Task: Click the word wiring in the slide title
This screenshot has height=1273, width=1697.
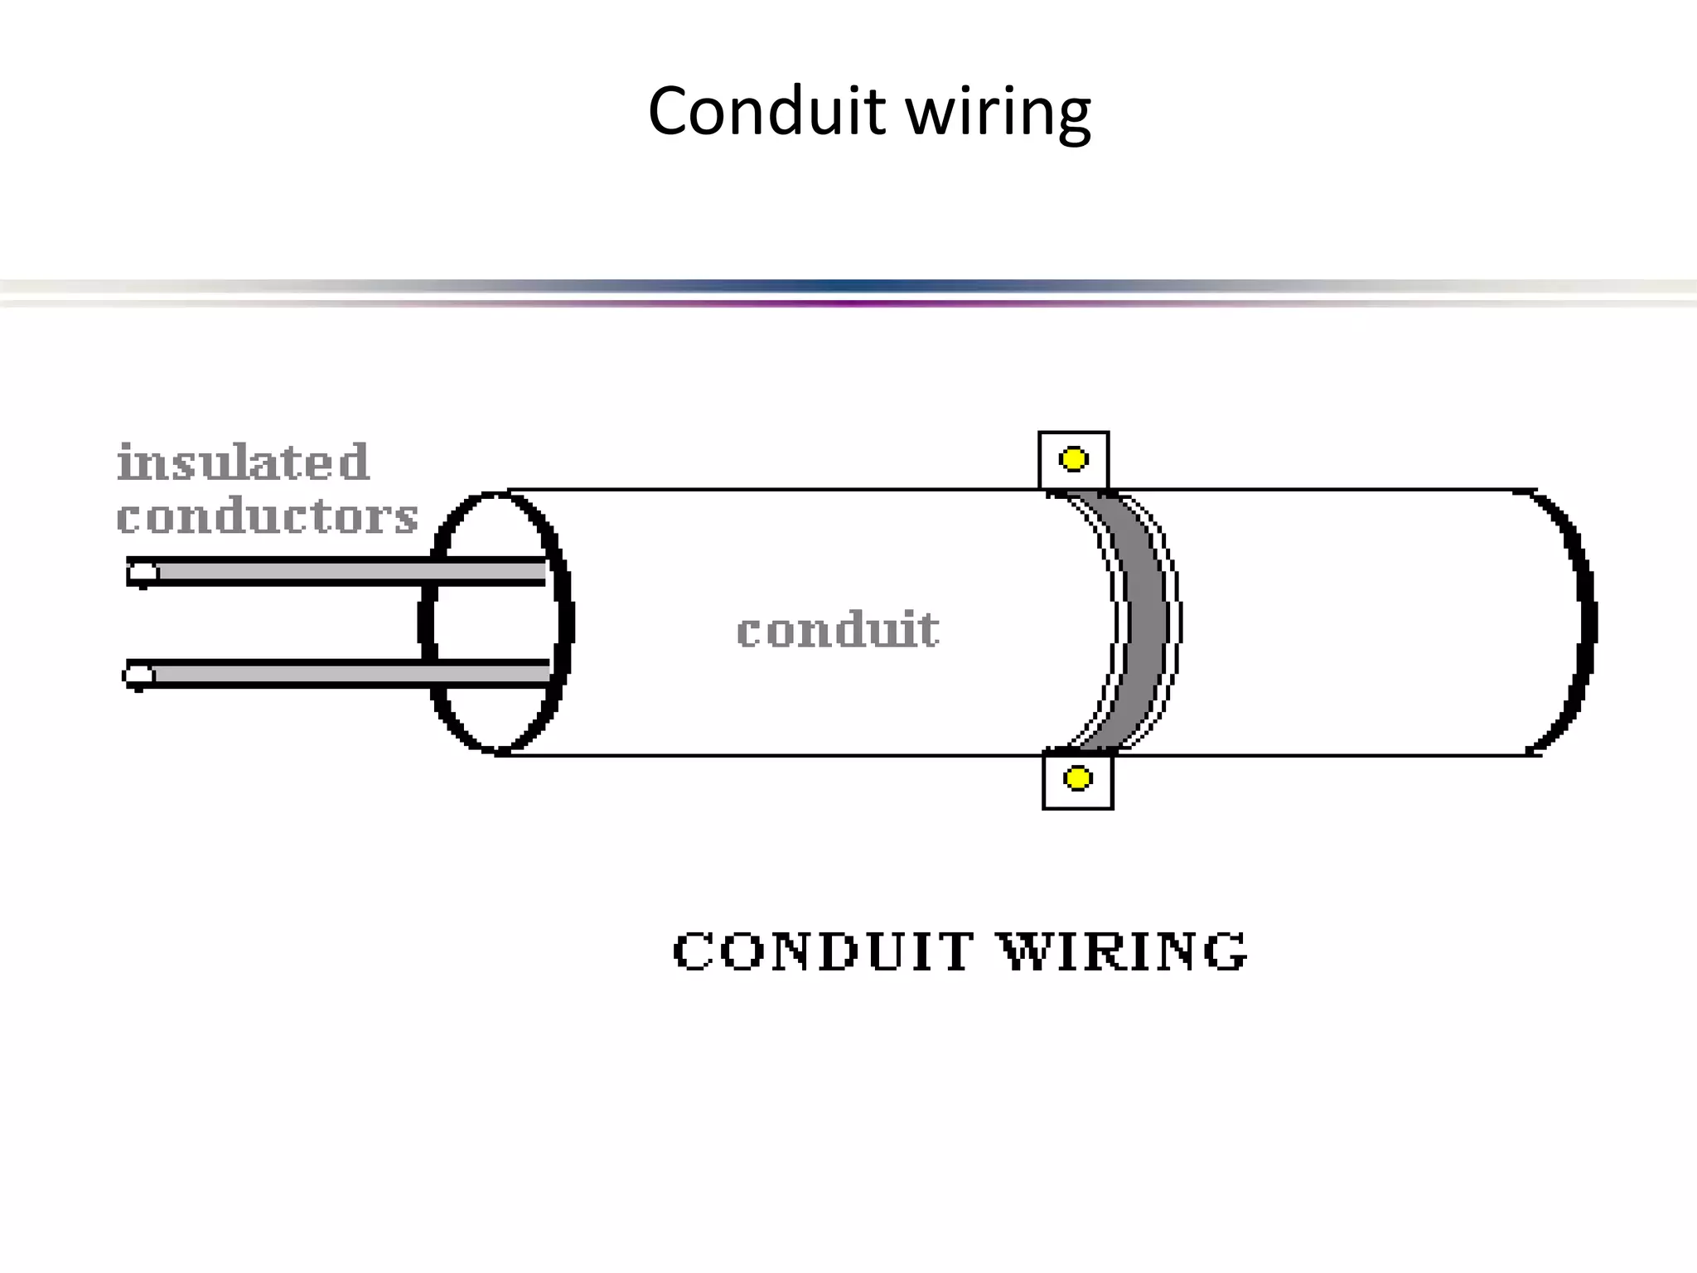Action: tap(998, 113)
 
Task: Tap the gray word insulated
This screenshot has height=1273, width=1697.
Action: tap(243, 462)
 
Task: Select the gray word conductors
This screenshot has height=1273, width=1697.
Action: tap(267, 517)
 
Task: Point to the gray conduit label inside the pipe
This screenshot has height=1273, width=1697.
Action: tap(838, 629)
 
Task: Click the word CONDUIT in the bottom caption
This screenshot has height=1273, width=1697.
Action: tap(823, 951)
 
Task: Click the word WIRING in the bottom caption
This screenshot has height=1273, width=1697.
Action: tap(1124, 951)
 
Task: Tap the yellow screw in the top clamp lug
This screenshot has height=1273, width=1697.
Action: tap(1073, 459)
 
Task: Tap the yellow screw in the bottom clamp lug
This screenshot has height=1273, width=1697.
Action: tap(1077, 778)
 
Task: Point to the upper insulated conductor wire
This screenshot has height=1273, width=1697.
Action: tap(348, 572)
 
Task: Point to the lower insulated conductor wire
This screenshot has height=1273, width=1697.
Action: tap(348, 674)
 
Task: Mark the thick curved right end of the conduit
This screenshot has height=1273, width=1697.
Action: tap(1584, 622)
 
